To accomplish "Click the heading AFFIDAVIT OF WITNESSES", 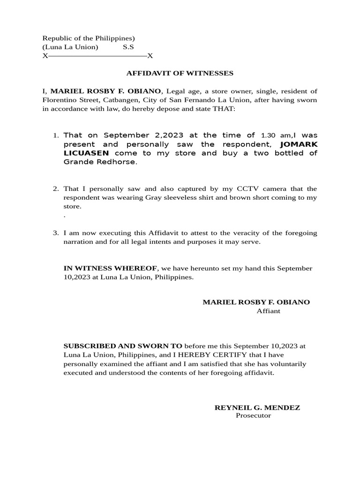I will point(180,73).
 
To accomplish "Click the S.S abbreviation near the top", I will point(128,47).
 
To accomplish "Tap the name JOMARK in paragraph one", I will point(299,144).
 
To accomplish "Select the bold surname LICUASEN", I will point(86,153).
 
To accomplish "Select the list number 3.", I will point(55,233).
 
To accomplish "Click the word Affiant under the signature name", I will point(268,311).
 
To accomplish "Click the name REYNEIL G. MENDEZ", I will point(257,407).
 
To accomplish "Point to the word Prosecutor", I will point(253,416).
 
